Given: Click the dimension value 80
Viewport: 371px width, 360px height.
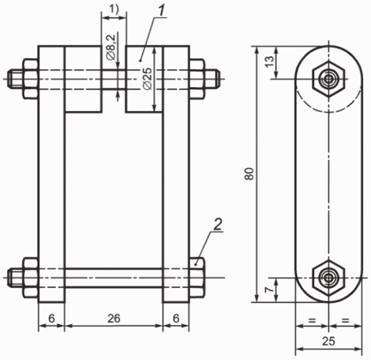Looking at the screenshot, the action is coord(250,173).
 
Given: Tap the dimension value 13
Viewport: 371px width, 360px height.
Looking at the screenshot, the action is coord(270,61).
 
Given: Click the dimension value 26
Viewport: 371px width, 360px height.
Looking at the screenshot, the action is coord(114,318).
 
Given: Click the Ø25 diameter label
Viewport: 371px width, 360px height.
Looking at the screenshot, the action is coord(147,78).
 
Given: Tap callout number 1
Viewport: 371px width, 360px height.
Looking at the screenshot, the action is coord(161,11).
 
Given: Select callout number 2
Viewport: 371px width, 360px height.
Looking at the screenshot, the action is coord(217,224).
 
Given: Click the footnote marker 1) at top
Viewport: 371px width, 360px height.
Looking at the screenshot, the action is coord(114,10).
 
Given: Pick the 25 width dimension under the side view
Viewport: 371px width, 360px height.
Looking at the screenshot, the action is coord(329,341).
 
